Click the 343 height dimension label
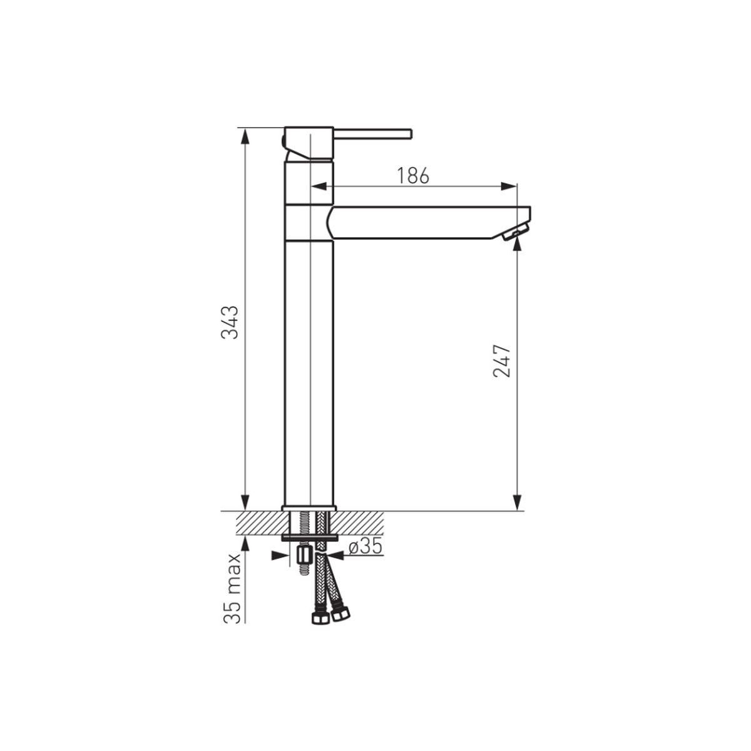230,323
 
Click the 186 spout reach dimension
412,176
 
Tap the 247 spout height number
501,361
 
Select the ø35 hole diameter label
365,548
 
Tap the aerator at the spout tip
515,234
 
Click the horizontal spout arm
429,222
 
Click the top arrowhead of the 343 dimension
245,136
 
